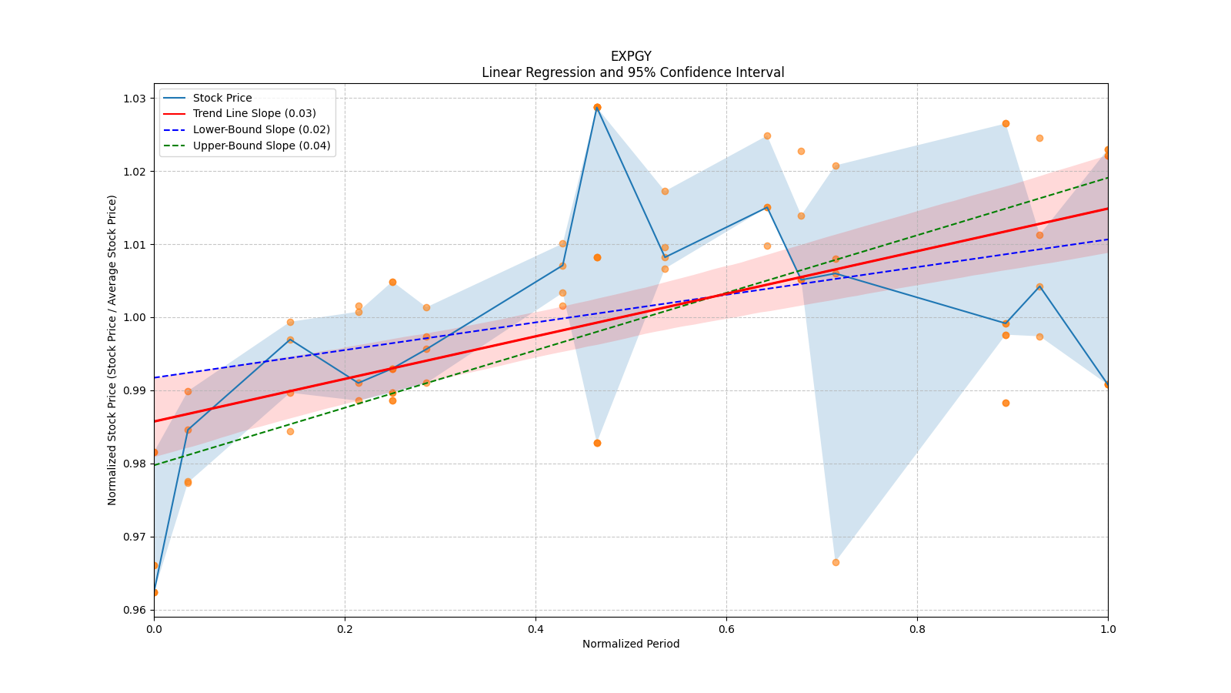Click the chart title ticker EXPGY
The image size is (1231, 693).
point(631,56)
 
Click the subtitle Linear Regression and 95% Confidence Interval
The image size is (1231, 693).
point(632,72)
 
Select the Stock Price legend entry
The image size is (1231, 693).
point(222,98)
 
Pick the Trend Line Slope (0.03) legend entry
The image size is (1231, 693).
point(254,114)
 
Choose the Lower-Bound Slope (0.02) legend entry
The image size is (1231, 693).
point(261,129)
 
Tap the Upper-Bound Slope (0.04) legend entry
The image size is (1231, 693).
point(262,146)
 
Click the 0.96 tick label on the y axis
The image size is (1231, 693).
point(135,610)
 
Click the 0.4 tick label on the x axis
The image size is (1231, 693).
point(535,629)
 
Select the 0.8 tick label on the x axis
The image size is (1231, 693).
point(917,629)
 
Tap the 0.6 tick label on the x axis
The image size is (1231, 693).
point(726,629)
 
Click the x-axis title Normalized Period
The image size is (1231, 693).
point(631,644)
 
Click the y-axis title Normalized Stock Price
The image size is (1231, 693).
point(112,350)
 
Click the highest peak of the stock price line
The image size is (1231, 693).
point(597,108)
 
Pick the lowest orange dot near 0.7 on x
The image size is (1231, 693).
point(836,562)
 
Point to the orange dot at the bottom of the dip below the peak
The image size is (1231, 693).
point(597,443)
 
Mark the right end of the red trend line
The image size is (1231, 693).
point(1108,209)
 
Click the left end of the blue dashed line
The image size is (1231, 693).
point(155,377)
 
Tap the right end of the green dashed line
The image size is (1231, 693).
point(1108,178)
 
